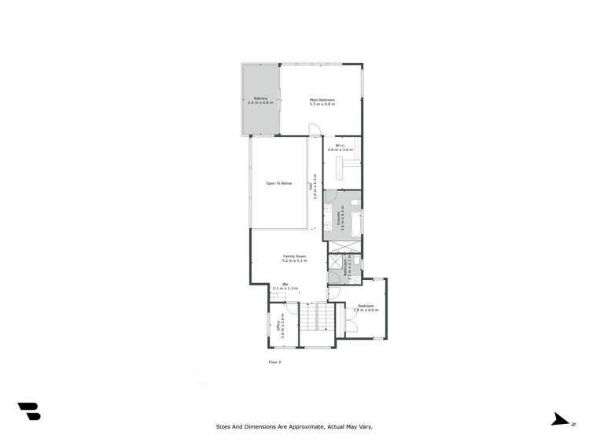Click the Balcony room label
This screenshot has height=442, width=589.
261,101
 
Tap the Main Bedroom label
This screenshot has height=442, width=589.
322,101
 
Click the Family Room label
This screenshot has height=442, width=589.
295,258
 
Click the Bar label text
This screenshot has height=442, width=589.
286,286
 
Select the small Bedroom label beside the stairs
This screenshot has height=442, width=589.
366,308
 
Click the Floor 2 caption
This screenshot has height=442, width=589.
274,362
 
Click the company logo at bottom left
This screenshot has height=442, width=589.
29,411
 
